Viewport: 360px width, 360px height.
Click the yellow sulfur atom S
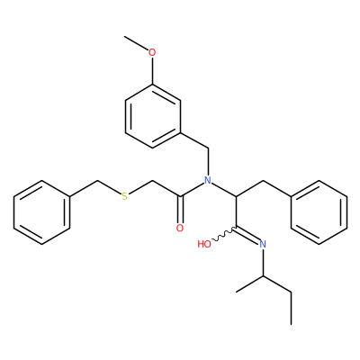[124, 196]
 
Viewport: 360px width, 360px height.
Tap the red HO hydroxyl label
[204, 244]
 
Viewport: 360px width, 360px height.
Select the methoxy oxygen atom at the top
[152, 52]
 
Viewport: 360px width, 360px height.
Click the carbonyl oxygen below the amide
[180, 229]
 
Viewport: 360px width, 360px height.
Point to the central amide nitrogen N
[208, 180]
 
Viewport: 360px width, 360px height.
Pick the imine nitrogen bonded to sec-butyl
[263, 244]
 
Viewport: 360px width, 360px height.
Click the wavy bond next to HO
[224, 235]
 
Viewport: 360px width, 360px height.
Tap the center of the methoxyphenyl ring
[152, 116]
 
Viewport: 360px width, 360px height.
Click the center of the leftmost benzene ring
[41, 212]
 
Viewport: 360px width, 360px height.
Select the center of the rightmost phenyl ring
[319, 212]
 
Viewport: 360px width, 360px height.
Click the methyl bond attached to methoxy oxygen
[137, 43]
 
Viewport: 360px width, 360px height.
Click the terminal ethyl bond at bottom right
[291, 308]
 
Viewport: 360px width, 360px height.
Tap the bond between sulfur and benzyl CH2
[110, 188]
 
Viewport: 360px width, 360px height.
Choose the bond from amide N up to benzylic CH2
[208, 162]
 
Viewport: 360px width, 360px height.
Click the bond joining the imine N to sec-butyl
[263, 262]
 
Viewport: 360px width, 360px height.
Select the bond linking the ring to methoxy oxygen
[152, 71]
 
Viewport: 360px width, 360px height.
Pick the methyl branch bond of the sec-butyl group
[250, 283]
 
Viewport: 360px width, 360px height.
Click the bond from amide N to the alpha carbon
[224, 189]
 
